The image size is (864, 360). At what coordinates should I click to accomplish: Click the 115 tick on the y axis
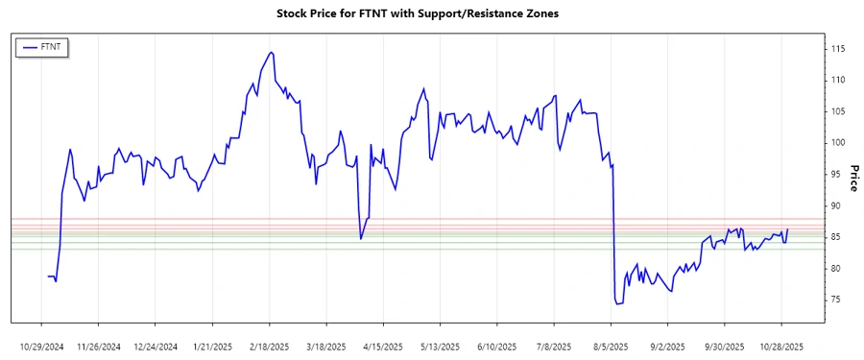tap(838, 48)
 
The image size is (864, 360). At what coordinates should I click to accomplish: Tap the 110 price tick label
tap(838, 80)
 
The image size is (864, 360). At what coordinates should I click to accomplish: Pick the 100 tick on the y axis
tap(838, 142)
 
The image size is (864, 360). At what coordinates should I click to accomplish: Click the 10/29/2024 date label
tap(41, 346)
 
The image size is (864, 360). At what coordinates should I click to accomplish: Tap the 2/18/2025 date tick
tap(270, 346)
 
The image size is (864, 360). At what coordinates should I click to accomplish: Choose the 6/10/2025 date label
tap(497, 346)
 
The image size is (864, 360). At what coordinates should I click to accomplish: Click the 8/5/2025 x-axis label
tap(611, 346)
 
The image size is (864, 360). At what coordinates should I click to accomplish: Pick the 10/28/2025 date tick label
tap(782, 346)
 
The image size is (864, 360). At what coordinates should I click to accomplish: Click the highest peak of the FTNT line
tap(272, 52)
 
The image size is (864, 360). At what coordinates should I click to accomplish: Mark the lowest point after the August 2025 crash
tap(616, 304)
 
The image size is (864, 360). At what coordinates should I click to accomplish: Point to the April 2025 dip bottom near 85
tap(361, 238)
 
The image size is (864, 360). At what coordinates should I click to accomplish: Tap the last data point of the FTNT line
tap(787, 229)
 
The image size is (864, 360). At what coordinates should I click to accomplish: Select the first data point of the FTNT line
tap(48, 276)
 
